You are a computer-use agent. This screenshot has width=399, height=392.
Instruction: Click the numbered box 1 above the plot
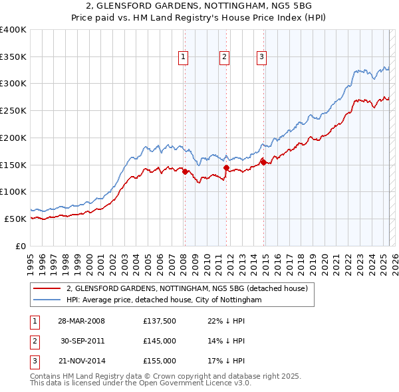182,58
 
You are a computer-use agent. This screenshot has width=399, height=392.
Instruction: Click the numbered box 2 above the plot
225,58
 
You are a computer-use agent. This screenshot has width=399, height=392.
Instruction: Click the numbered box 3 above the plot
262,58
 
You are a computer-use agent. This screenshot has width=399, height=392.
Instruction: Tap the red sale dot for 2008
185,171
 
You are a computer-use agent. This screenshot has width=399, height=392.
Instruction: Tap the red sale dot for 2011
227,168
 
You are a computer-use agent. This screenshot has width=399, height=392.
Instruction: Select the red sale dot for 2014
264,161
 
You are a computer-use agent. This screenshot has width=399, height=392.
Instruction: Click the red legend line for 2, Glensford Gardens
47,289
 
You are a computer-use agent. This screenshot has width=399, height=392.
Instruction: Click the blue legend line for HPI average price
47,300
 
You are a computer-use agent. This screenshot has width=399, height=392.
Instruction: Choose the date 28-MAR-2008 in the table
81,321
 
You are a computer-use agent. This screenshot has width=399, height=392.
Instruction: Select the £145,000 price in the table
160,341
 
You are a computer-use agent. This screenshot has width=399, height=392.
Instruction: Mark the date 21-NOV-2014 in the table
81,361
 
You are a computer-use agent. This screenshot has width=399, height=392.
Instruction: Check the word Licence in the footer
212,383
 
